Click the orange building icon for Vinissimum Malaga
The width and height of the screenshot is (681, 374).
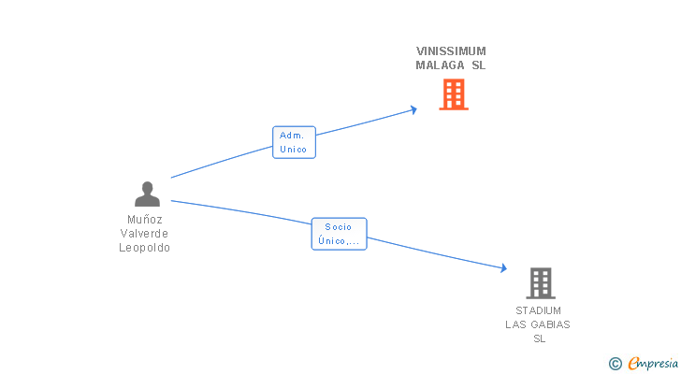click(x=454, y=94)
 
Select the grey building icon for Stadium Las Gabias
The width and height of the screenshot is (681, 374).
click(x=540, y=282)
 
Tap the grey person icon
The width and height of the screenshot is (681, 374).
click(x=147, y=194)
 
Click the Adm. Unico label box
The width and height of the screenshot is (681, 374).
click(x=294, y=142)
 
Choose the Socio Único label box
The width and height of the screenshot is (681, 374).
click(x=338, y=234)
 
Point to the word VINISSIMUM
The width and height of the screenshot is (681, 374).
click(x=451, y=51)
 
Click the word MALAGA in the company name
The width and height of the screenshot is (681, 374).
click(x=440, y=65)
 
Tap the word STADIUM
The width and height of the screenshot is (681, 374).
click(x=538, y=310)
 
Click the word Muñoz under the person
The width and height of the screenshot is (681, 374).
click(x=145, y=220)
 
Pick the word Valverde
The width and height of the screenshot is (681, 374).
click(x=145, y=234)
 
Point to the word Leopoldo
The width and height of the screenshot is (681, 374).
click(x=145, y=248)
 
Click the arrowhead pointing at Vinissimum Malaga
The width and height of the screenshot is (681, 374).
click(x=413, y=109)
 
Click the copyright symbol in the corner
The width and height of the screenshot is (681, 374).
click(x=615, y=364)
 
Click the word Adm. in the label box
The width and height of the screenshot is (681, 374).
click(x=292, y=136)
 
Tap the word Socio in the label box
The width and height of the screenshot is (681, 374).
click(x=338, y=226)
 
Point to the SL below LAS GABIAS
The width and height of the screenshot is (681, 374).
click(x=539, y=338)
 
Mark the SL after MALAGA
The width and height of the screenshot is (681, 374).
click(x=478, y=65)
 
